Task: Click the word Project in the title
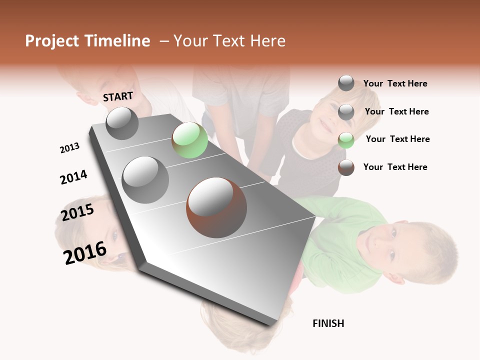pos(52,41)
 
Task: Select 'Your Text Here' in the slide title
pos(229,41)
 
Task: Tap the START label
pos(118,96)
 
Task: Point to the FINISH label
pos(328,323)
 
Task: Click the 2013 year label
pos(69,148)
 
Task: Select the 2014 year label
pos(73,177)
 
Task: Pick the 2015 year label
pos(77,212)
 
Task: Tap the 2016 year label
pos(85,252)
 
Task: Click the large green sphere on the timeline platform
pos(189,140)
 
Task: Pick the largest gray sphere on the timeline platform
pos(145,179)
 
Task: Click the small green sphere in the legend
pos(346,140)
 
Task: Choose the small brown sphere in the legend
pos(346,167)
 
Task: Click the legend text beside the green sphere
pos(397,139)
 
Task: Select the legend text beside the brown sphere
pos(395,167)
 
